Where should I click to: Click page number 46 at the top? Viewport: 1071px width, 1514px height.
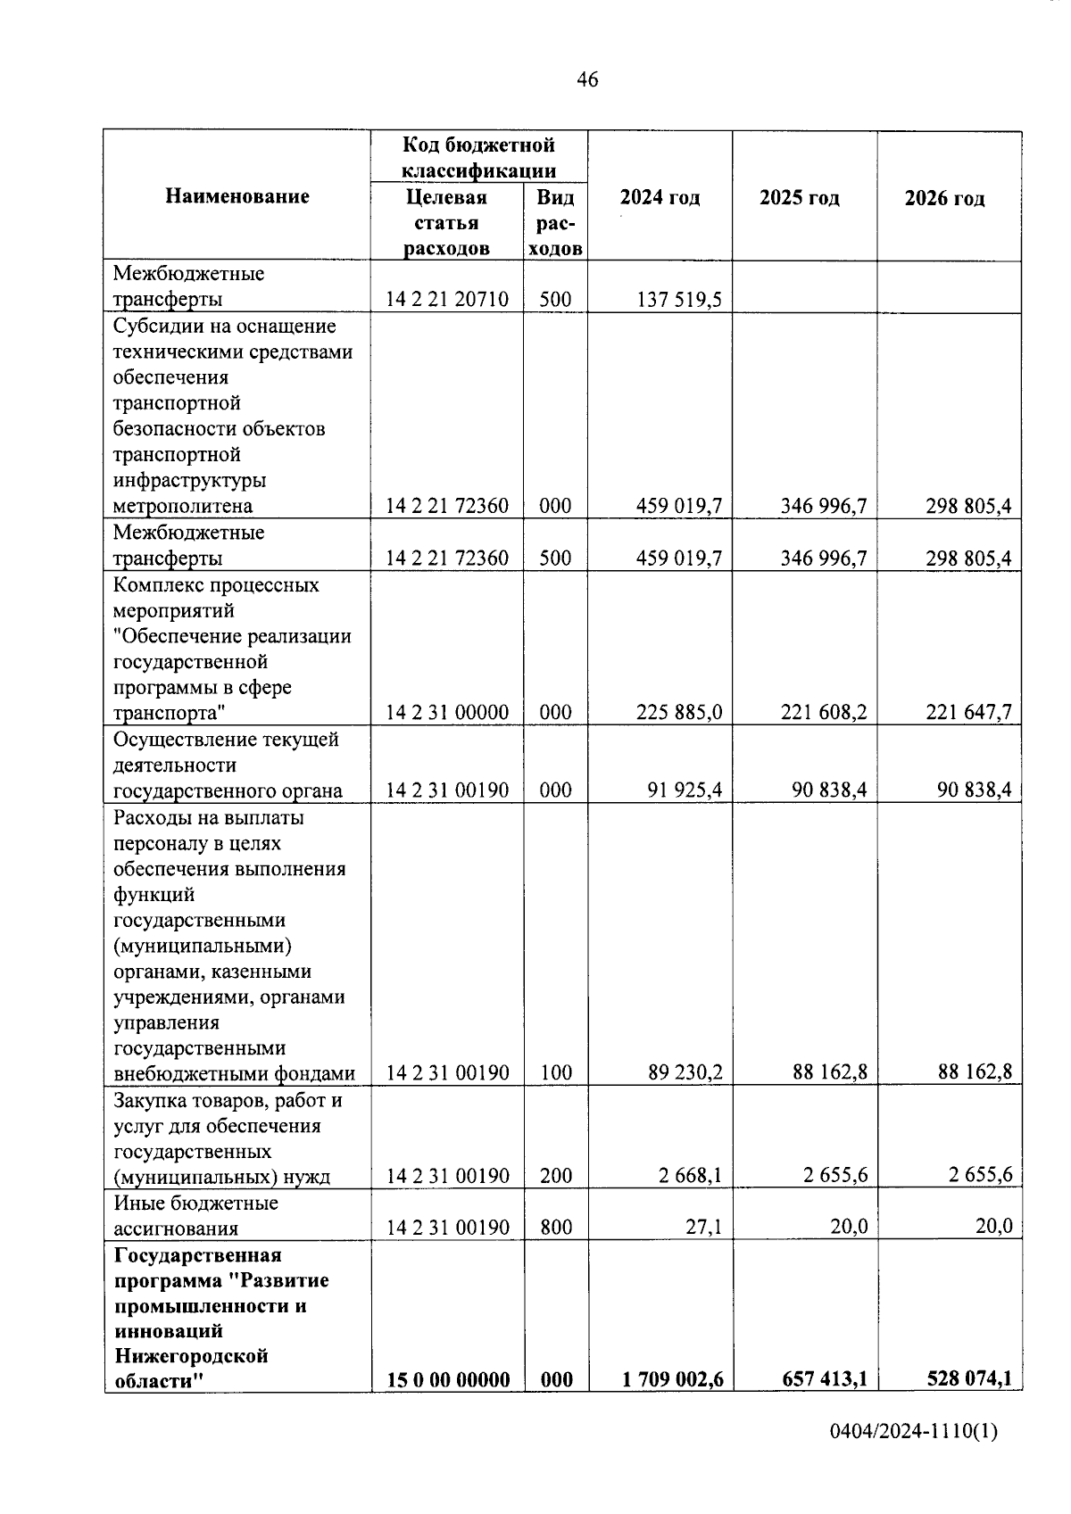[587, 80]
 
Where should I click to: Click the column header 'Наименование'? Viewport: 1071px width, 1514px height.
[237, 197]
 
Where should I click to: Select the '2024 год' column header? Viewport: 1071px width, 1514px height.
[660, 198]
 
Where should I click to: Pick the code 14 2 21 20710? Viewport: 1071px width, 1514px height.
[447, 300]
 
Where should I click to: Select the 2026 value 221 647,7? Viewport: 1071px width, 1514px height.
[968, 713]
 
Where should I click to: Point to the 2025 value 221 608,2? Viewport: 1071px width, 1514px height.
[824, 713]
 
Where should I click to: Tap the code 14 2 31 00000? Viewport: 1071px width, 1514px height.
[447, 713]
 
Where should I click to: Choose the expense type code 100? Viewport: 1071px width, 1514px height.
[555, 1072]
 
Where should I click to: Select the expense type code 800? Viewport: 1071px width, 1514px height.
[555, 1228]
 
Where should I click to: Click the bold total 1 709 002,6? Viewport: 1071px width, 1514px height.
[672, 1379]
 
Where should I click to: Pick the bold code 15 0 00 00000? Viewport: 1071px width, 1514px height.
[447, 1380]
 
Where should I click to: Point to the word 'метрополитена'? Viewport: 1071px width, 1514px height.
[183, 507]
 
